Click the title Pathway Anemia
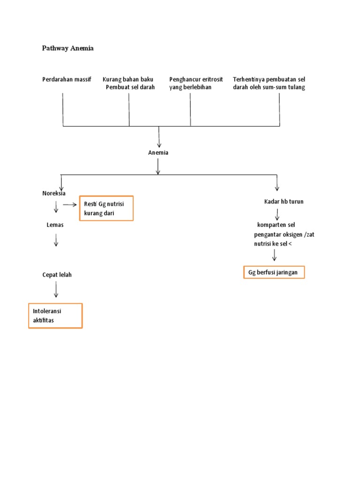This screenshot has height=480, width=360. pyautogui.click(x=67, y=48)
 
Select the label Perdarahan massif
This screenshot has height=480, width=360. pyautogui.click(x=67, y=79)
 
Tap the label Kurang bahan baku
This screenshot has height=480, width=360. pyautogui.click(x=128, y=79)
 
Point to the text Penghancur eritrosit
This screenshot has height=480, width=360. pyautogui.click(x=196, y=79)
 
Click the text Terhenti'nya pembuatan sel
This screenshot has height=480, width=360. pyautogui.click(x=269, y=79)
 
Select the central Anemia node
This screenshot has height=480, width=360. pyautogui.click(x=158, y=152)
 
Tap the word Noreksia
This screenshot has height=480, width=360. pyautogui.click(x=54, y=193)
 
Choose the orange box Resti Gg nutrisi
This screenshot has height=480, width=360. pyautogui.click(x=106, y=208)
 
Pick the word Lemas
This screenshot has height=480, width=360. pyautogui.click(x=55, y=225)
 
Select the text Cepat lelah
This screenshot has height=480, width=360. pyautogui.click(x=57, y=275)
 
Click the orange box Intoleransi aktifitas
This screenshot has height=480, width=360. pyautogui.click(x=55, y=315)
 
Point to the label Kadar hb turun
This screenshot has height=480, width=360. pyautogui.click(x=284, y=202)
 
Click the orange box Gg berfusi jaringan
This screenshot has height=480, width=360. pyautogui.click(x=274, y=272)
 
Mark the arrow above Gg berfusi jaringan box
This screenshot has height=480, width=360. pyautogui.click(x=274, y=255)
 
